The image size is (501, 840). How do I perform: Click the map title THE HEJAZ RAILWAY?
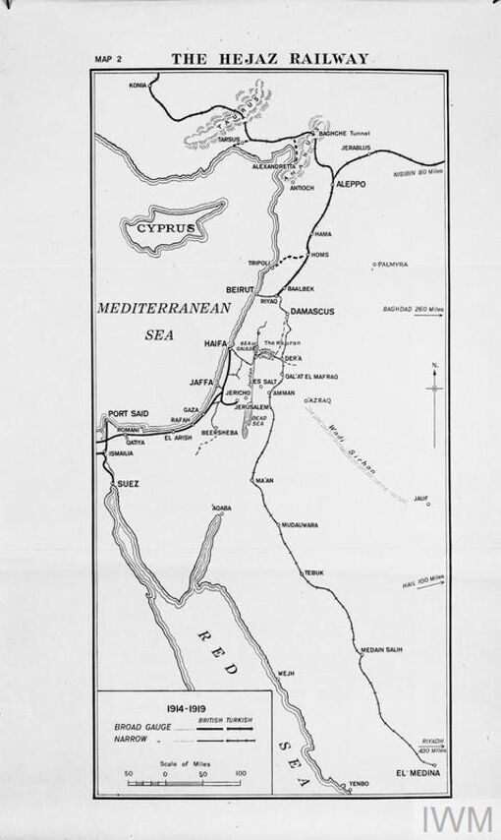(x=270, y=59)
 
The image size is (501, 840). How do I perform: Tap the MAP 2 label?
(x=107, y=60)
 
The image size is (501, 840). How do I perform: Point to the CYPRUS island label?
(x=163, y=227)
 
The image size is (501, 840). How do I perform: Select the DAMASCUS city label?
(x=312, y=312)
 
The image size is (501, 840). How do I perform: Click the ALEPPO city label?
(x=351, y=184)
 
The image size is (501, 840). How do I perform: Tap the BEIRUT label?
(x=240, y=291)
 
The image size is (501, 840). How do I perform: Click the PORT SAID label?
(x=128, y=414)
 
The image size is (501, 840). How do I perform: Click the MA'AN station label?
(x=262, y=481)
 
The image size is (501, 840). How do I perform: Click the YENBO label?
(x=360, y=784)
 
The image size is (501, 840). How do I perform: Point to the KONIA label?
(x=139, y=86)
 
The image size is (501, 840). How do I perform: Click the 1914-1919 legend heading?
(x=186, y=707)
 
